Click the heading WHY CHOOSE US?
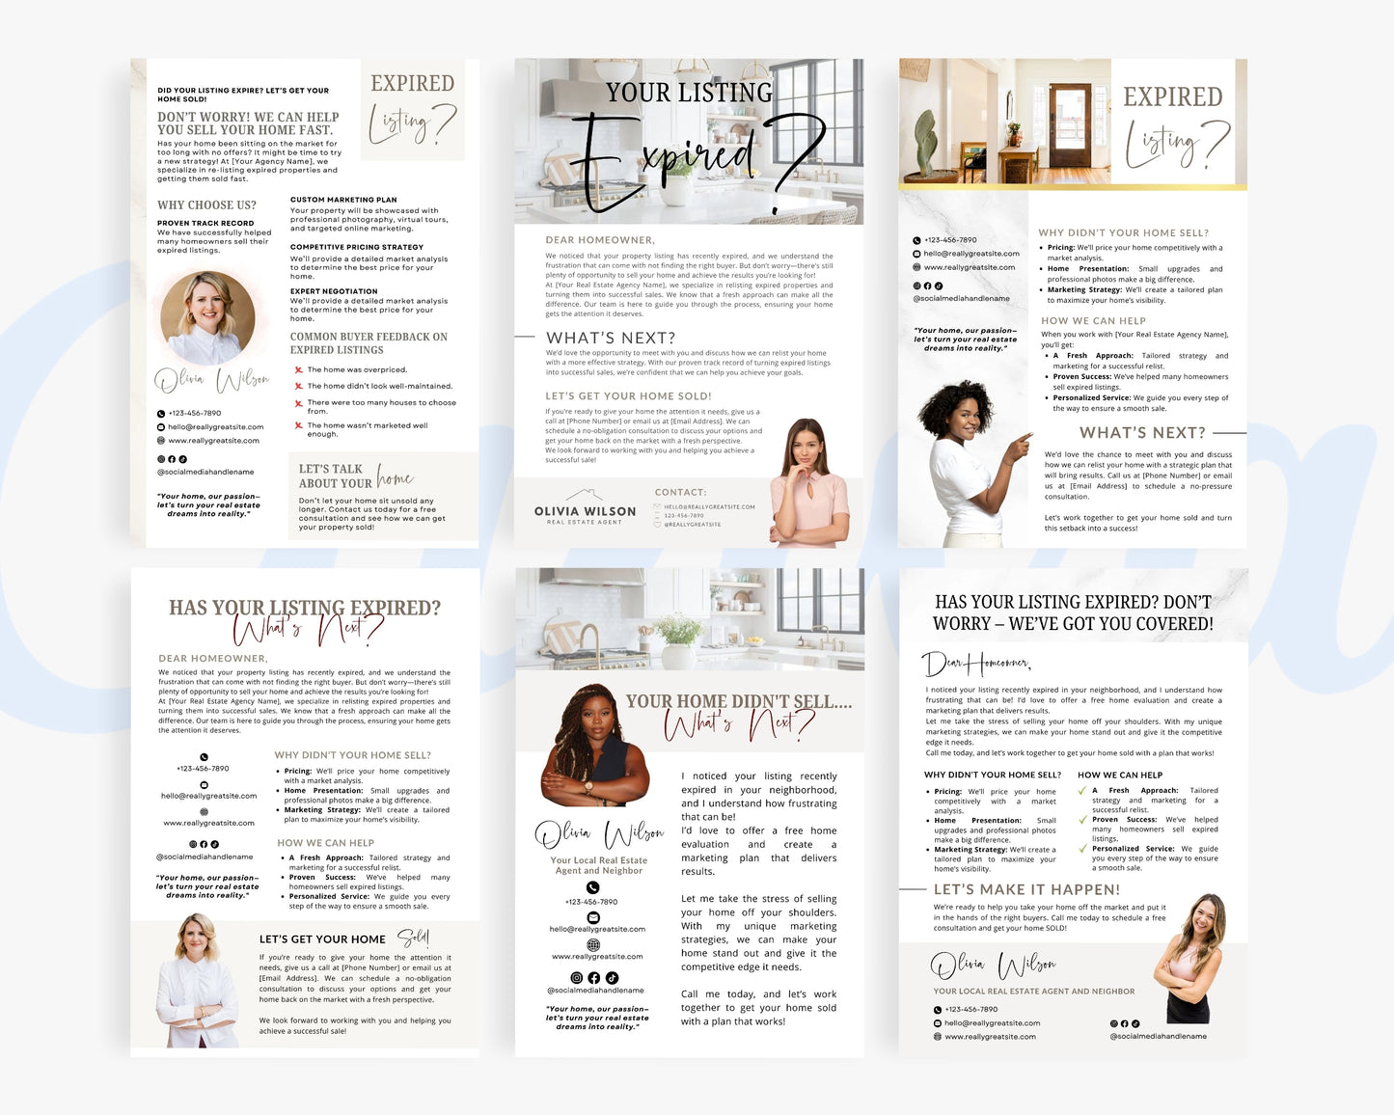(x=206, y=205)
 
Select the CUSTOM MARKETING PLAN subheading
(x=343, y=200)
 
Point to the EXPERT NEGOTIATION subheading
(x=334, y=291)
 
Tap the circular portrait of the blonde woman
(x=207, y=317)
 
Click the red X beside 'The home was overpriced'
(x=298, y=370)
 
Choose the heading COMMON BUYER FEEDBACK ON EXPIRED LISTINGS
(x=369, y=343)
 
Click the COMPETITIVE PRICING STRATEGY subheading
(x=357, y=247)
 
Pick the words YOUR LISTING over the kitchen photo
(x=689, y=93)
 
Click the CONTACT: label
(x=680, y=492)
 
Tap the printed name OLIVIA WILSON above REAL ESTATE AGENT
(x=586, y=511)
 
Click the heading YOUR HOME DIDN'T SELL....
(x=738, y=701)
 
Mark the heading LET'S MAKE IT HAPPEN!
(x=1026, y=889)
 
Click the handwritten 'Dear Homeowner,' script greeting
(x=975, y=664)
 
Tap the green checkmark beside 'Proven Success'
(x=1082, y=820)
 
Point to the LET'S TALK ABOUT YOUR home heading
(x=355, y=476)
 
